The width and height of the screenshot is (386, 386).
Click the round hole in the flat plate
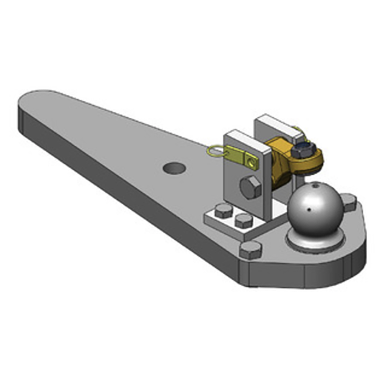pos(174,168)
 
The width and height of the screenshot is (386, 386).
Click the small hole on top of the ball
pos(315,184)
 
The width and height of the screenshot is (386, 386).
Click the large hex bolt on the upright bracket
pos(250,188)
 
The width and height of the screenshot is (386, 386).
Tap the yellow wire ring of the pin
pos(214,152)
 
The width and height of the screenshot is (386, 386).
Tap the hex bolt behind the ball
pos(348,201)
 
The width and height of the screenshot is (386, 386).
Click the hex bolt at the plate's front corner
pos(250,249)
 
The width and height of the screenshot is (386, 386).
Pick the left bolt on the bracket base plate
pos(223,211)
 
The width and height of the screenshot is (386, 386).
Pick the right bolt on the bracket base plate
pos(243,221)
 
